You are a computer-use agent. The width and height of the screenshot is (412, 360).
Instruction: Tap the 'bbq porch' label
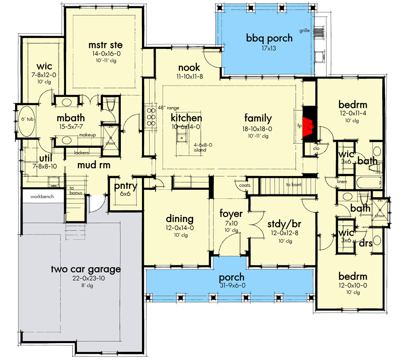tap(269, 38)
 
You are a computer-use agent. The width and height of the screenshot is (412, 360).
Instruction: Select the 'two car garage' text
tap(86, 269)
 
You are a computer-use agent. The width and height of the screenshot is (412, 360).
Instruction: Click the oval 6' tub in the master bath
tap(23, 121)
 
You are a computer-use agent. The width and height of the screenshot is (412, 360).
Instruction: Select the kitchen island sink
tap(182, 137)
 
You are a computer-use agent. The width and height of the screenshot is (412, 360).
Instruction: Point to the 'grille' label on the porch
tap(304, 31)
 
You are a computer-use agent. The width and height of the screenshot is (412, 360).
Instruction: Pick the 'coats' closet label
tap(244, 185)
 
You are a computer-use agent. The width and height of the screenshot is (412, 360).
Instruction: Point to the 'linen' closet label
tap(342, 182)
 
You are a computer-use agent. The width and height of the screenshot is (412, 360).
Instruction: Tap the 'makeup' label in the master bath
tap(87, 135)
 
